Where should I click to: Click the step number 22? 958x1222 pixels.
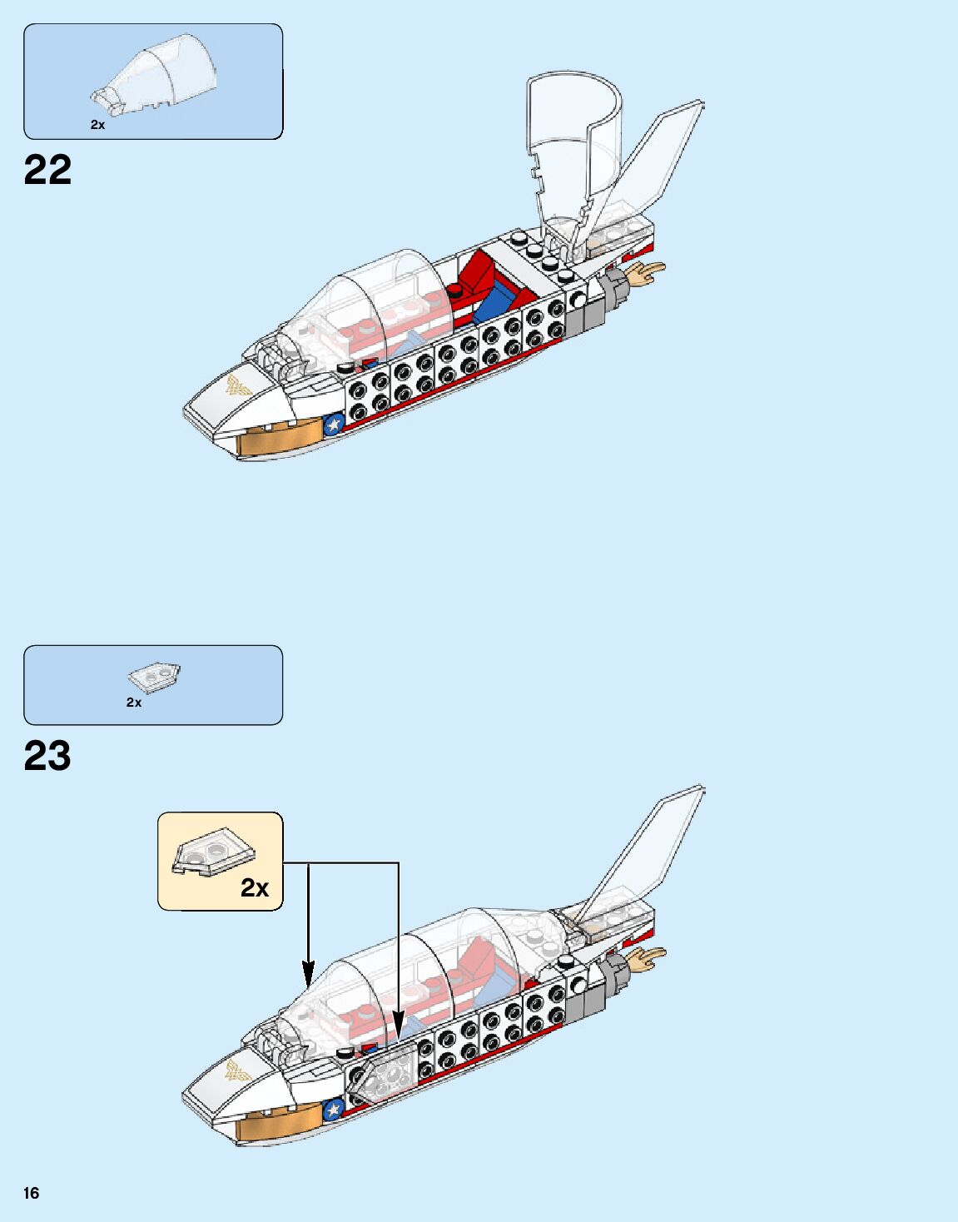click(x=48, y=170)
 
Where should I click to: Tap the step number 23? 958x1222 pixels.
click(x=48, y=756)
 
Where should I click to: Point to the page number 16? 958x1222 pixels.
click(x=32, y=1193)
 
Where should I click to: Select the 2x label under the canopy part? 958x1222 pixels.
click(x=98, y=125)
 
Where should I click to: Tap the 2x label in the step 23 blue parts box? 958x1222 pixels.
click(x=134, y=703)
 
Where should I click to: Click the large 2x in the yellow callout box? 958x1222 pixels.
click(x=255, y=888)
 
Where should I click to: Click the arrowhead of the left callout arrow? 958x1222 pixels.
click(x=309, y=975)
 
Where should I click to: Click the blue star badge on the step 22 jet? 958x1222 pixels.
click(x=334, y=425)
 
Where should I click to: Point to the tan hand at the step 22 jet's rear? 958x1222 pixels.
click(x=647, y=273)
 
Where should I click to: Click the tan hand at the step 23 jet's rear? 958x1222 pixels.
click(x=647, y=958)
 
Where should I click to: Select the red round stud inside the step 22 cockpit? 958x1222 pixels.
click(x=455, y=290)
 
